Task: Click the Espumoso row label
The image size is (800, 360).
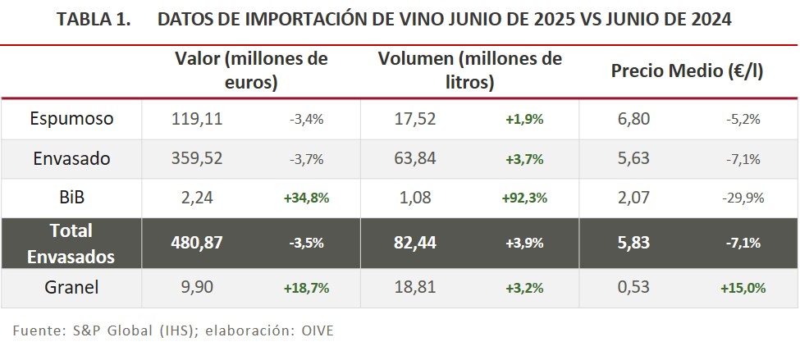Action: point(71,119)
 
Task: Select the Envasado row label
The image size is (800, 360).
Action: point(71,159)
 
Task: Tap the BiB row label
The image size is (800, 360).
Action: point(71,198)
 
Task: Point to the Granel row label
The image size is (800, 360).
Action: point(71,287)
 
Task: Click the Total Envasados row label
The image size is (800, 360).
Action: point(71,243)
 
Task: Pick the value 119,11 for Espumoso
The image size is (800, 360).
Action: point(197,119)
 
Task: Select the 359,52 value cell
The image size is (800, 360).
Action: point(197,159)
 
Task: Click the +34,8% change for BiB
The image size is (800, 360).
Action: point(306,198)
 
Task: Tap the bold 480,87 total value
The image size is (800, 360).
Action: point(197,243)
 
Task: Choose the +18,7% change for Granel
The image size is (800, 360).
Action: point(306,288)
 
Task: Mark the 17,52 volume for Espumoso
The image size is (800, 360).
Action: point(416,119)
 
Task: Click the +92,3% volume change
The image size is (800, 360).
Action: point(525,198)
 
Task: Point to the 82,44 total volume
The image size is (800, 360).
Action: point(416,243)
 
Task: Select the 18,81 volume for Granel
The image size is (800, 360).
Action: point(416,287)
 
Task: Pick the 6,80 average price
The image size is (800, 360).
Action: point(633,119)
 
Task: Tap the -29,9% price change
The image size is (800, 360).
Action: point(744,198)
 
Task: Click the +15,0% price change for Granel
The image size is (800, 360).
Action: point(743,288)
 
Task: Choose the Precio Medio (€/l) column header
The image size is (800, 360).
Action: point(687,71)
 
